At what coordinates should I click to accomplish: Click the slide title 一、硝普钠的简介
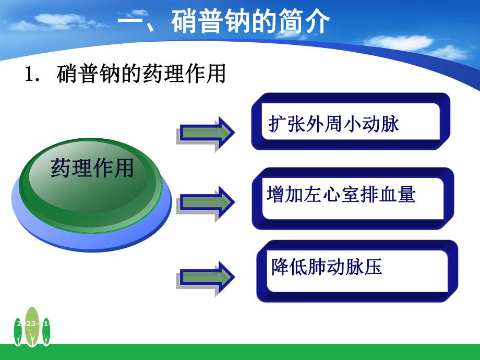(x=224, y=23)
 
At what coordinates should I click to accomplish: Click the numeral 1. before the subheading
(x=32, y=75)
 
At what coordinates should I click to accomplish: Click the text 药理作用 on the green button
(x=92, y=169)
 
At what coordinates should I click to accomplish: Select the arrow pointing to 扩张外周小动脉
(x=205, y=132)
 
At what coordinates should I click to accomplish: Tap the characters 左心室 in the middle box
(x=341, y=195)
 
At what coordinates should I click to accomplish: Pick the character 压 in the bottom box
(x=374, y=267)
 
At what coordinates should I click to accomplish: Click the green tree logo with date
(x=32, y=326)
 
